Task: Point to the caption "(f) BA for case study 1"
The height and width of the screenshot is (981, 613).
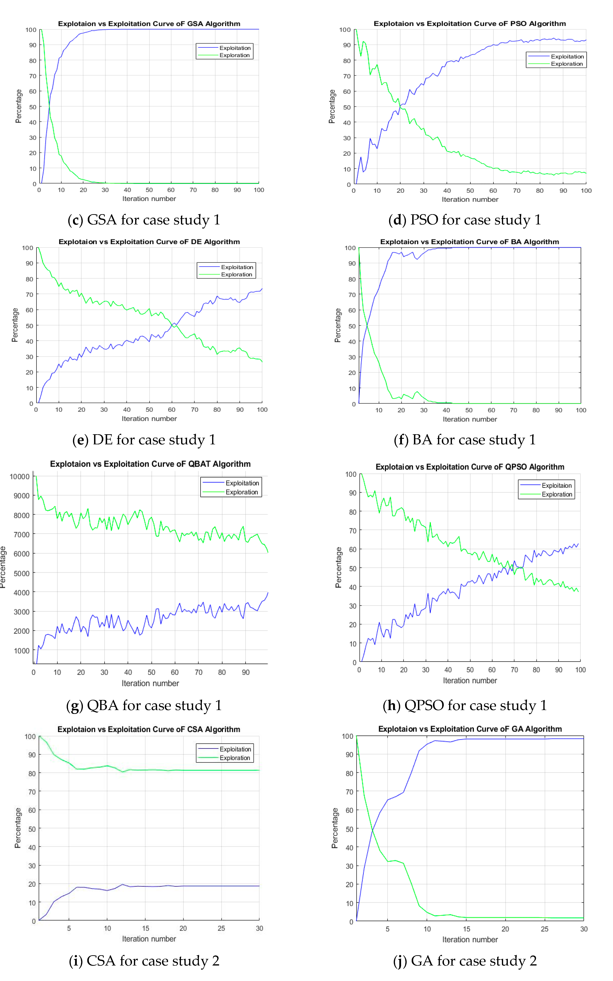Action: (465, 440)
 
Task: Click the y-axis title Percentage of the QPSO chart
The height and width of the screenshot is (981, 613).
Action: (339, 567)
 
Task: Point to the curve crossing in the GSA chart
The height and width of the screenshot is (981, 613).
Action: (49, 106)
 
